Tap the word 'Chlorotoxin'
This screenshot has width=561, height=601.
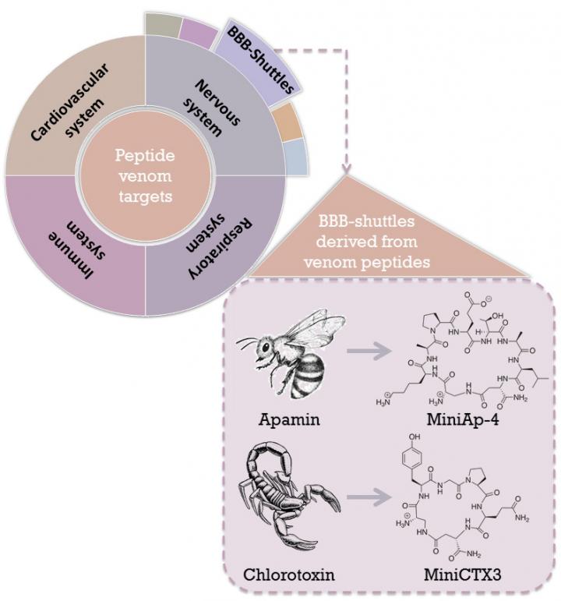coord(285,575)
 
